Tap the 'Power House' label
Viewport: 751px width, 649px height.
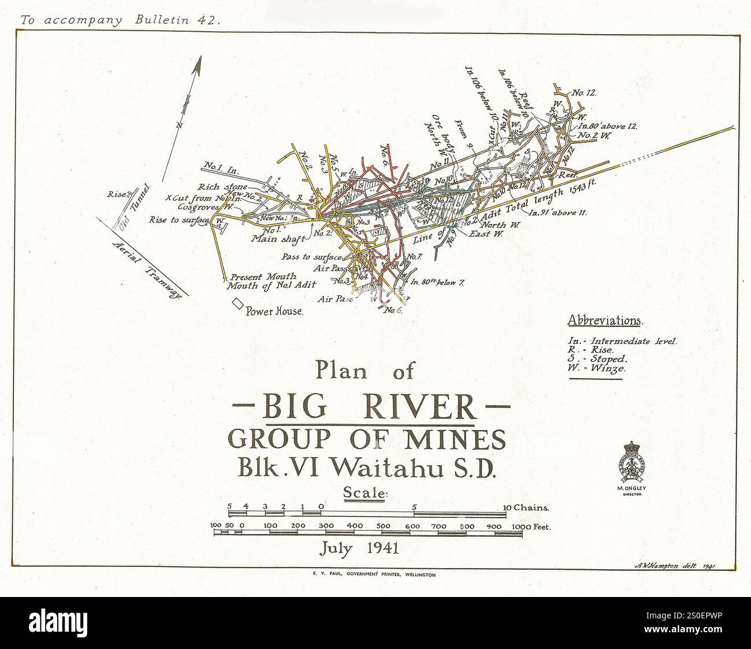coord(274,311)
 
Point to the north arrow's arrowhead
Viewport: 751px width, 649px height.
coord(198,65)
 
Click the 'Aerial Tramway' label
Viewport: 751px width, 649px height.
coord(146,268)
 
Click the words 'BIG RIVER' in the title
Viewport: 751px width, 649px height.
coord(369,408)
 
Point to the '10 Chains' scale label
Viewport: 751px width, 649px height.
coord(526,508)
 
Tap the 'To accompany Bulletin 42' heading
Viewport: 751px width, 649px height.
coord(120,20)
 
